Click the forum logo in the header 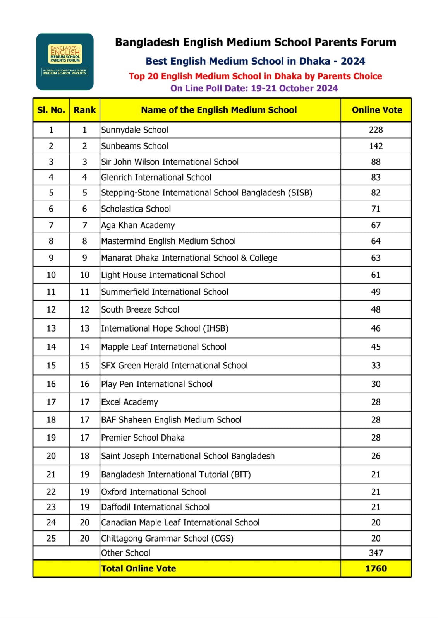click(65, 62)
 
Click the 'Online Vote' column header click(376, 110)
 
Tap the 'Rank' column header click(84, 110)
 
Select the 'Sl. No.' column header click(51, 110)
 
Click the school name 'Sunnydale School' click(134, 130)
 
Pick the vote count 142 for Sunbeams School click(376, 146)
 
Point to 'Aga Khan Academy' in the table click(138, 225)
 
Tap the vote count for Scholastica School click(376, 209)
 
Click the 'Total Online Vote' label click(138, 568)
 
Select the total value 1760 click(376, 568)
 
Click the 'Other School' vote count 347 click(376, 553)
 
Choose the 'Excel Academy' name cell click(129, 402)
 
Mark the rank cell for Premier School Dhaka click(84, 438)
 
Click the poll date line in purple click(254, 88)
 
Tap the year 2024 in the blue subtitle click(353, 61)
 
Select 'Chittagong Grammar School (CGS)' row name click(167, 539)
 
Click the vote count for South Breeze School click(376, 309)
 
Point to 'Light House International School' click(163, 275)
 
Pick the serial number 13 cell click(51, 328)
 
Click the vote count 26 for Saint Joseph click(376, 456)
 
